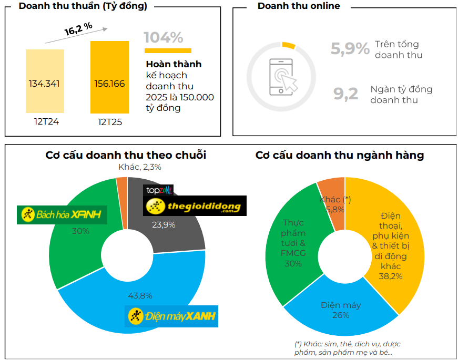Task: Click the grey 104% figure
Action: tap(164, 38)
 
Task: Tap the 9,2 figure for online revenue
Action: tap(346, 94)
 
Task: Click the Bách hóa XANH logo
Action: tap(62, 214)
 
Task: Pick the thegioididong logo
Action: tap(195, 207)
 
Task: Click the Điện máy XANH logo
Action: tap(171, 316)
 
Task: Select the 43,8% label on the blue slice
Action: tap(140, 295)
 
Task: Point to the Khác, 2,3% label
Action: tap(139, 167)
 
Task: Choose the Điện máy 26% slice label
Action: tap(340, 310)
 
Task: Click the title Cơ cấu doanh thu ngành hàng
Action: tap(340, 155)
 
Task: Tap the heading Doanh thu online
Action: tap(299, 6)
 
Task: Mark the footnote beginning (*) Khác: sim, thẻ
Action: tap(348, 348)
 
